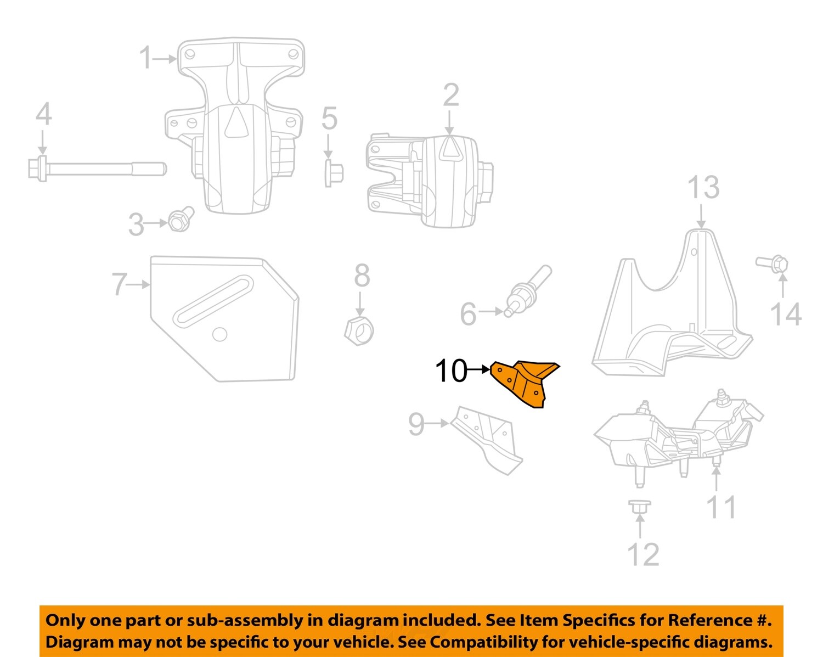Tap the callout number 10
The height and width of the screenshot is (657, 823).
(450, 371)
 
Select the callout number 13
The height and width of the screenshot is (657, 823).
(703, 188)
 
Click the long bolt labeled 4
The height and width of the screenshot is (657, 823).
(96, 168)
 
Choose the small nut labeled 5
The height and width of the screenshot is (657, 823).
(333, 173)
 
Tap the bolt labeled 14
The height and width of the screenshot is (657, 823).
(773, 265)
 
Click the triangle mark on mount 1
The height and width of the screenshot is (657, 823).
(237, 123)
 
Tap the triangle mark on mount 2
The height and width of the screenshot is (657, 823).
(450, 148)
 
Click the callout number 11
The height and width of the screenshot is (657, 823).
(721, 507)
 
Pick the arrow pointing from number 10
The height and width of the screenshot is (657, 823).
(479, 369)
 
